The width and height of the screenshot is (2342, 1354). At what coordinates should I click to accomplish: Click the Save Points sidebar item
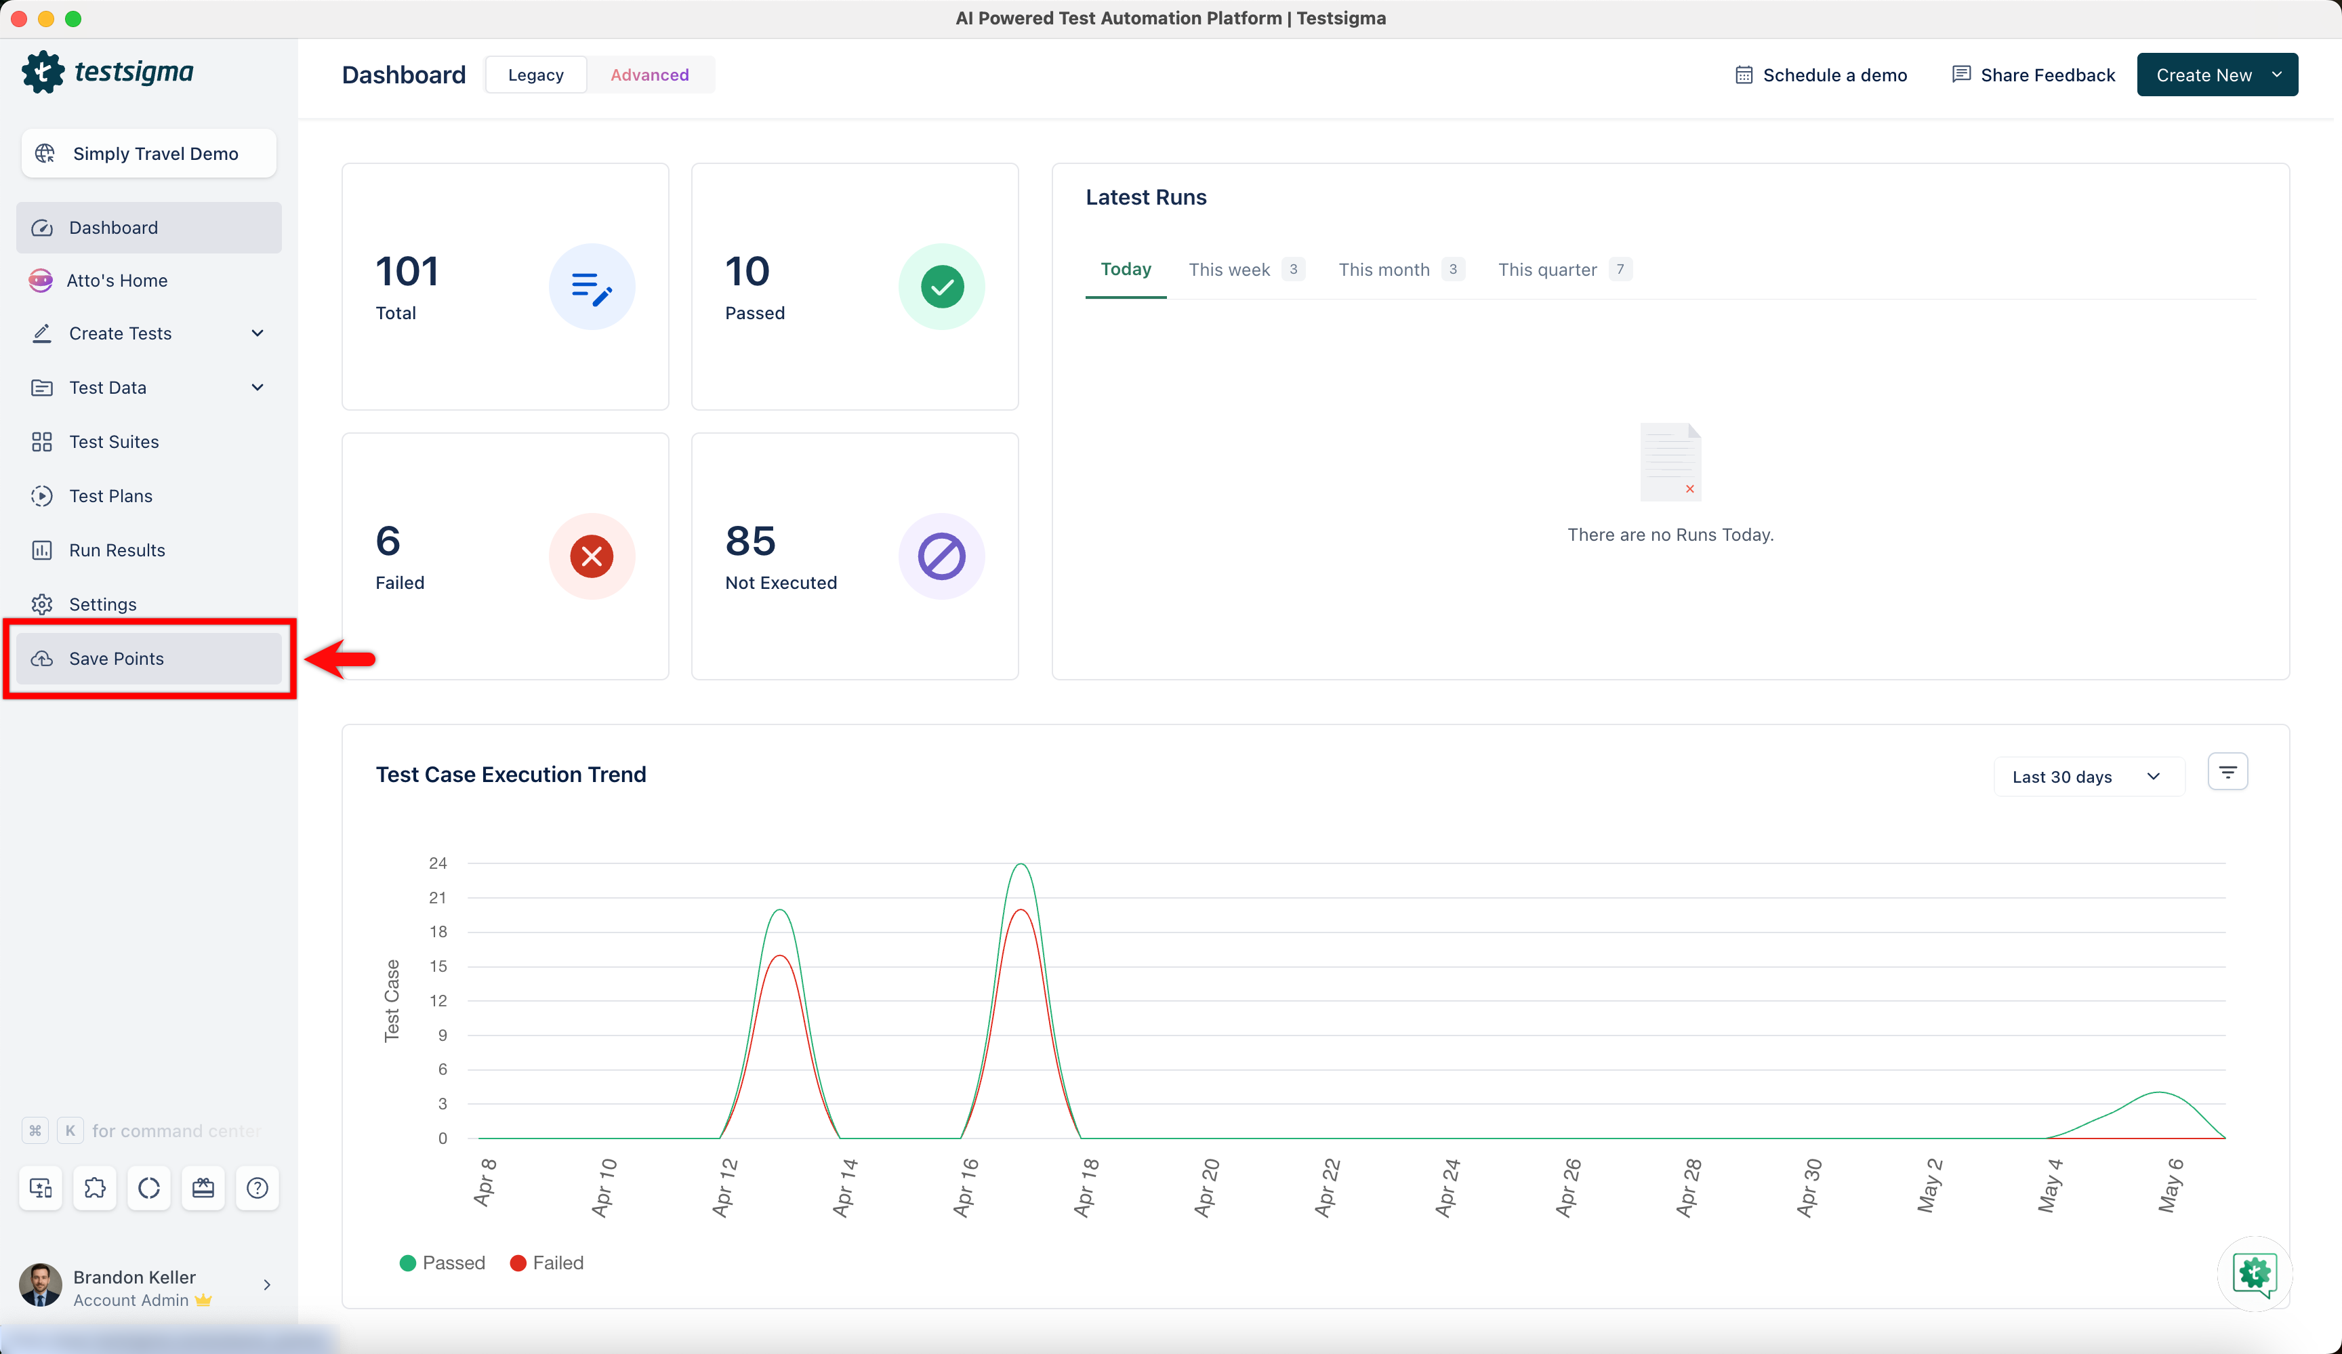coord(148,658)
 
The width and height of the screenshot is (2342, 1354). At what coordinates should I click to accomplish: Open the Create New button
coord(2217,75)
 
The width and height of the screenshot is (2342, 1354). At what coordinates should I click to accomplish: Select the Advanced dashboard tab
coord(650,75)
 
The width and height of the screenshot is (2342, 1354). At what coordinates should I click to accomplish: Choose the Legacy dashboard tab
coord(536,75)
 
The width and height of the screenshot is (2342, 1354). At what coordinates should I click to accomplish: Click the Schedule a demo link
coord(1821,75)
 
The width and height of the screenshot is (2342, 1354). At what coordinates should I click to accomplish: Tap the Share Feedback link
coord(2034,75)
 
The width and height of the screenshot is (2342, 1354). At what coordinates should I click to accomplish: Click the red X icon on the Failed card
coord(592,556)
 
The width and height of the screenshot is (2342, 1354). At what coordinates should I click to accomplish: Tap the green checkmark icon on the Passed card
coord(941,286)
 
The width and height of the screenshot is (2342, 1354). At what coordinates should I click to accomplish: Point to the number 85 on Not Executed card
coord(750,541)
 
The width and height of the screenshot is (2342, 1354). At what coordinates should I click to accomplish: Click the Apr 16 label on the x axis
coord(966,1187)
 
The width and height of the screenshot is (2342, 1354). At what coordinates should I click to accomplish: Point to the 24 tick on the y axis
coord(438,863)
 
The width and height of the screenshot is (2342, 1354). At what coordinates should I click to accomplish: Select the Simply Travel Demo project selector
coord(148,153)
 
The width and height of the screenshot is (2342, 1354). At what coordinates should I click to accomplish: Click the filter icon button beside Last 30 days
coord(2227,773)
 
